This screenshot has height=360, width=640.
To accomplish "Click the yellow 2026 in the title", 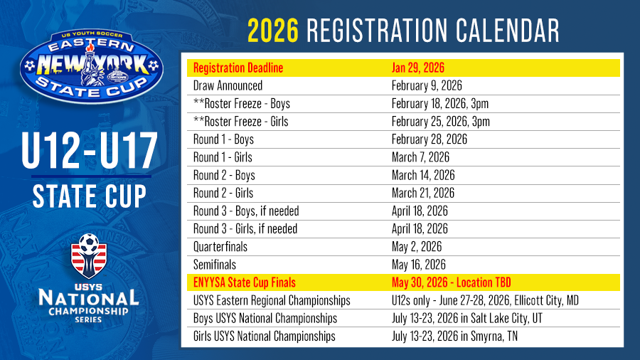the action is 273,31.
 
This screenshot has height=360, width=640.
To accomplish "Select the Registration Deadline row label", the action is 238,68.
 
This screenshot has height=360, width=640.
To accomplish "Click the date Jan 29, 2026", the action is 418,68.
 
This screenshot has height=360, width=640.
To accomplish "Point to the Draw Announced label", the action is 228,85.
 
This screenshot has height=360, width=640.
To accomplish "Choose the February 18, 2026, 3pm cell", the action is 440,104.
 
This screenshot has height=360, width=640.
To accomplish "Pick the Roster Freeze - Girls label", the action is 241,122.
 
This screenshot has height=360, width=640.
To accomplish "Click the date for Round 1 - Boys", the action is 430,139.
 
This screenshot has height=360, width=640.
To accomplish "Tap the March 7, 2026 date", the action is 420,157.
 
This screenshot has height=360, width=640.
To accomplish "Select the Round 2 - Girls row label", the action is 223,193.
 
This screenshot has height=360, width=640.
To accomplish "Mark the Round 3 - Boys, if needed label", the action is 246,211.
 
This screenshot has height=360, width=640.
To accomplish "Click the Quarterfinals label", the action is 220,247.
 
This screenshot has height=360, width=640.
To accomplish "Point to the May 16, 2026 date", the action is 418,265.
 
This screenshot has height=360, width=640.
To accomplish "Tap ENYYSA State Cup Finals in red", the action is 245,282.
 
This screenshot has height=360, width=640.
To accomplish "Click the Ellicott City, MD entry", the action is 546,300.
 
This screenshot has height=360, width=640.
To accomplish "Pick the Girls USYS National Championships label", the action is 264,337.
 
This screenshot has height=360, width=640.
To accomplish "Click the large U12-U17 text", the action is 90,151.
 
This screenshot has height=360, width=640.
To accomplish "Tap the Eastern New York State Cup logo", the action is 92,65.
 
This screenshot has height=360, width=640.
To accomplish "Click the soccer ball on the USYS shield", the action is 89,243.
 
